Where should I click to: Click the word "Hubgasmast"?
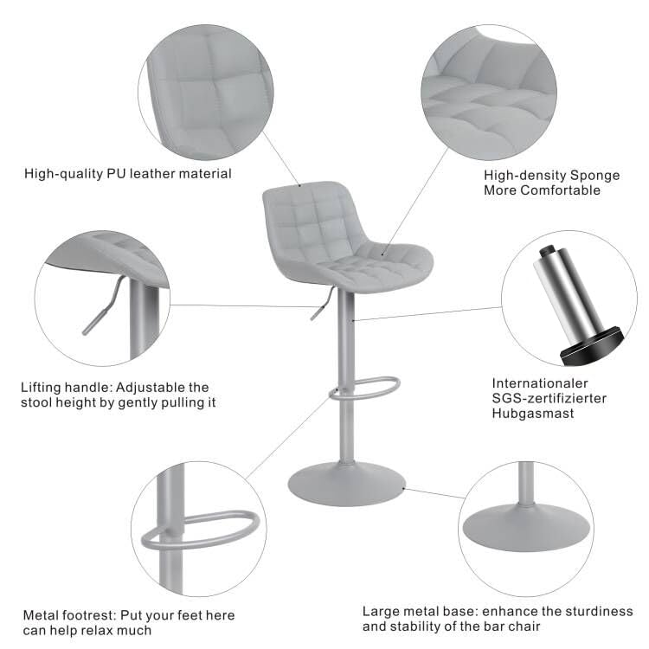(x=533, y=414)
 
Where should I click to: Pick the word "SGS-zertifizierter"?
(x=549, y=398)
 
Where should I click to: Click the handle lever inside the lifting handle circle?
(x=100, y=312)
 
